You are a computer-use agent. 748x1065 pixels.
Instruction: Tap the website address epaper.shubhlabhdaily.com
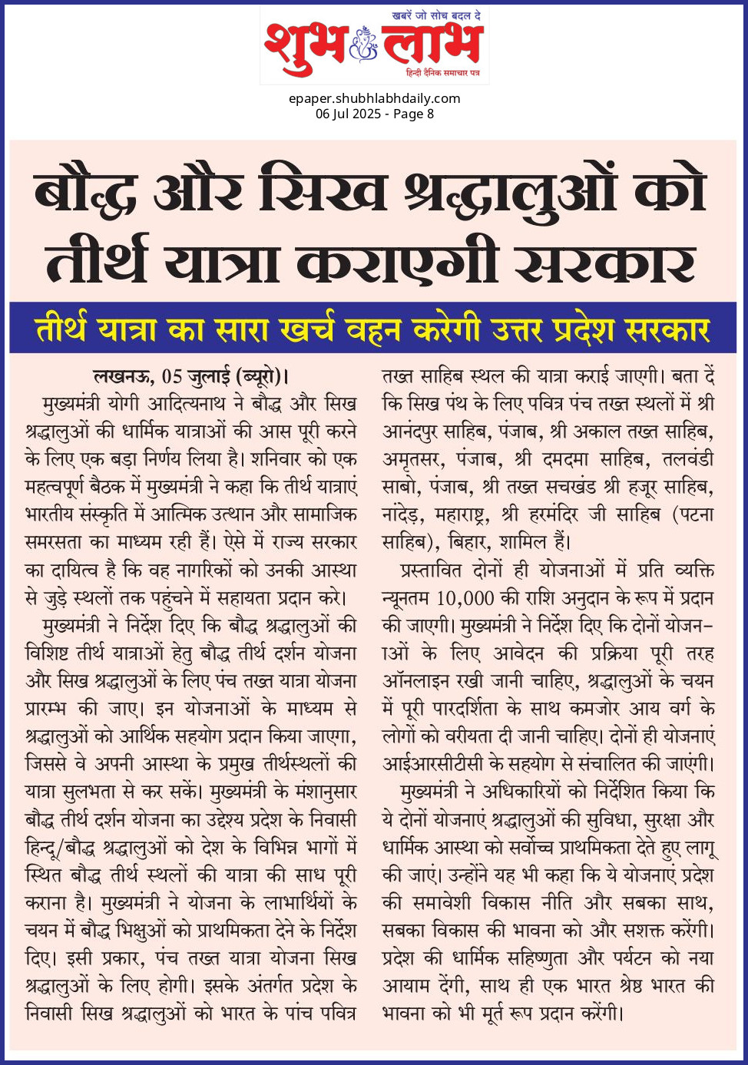click(x=374, y=98)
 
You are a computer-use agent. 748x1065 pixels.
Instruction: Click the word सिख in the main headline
click(x=323, y=193)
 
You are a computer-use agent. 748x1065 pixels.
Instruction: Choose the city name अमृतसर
click(x=411, y=459)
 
